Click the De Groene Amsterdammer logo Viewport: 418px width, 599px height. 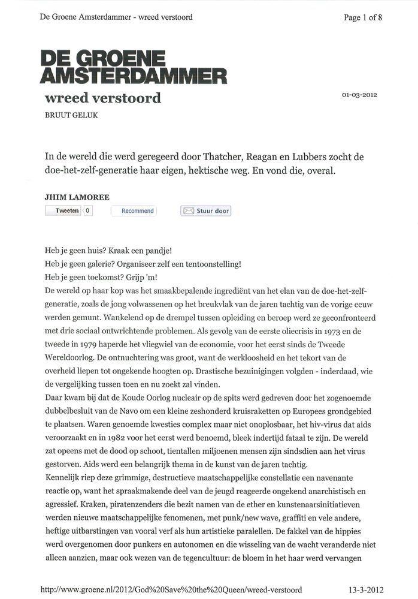coord(133,67)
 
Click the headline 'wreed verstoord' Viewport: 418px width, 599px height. coord(103,98)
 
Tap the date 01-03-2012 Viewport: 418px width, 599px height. coord(359,95)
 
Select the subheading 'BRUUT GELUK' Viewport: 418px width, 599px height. coord(71,115)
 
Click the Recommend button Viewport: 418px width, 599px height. coord(137,210)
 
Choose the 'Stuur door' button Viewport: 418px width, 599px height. coord(206,211)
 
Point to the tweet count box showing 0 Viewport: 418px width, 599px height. coord(87,210)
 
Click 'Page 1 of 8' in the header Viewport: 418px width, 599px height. coord(363,17)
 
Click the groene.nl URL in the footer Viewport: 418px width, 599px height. coord(171,589)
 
